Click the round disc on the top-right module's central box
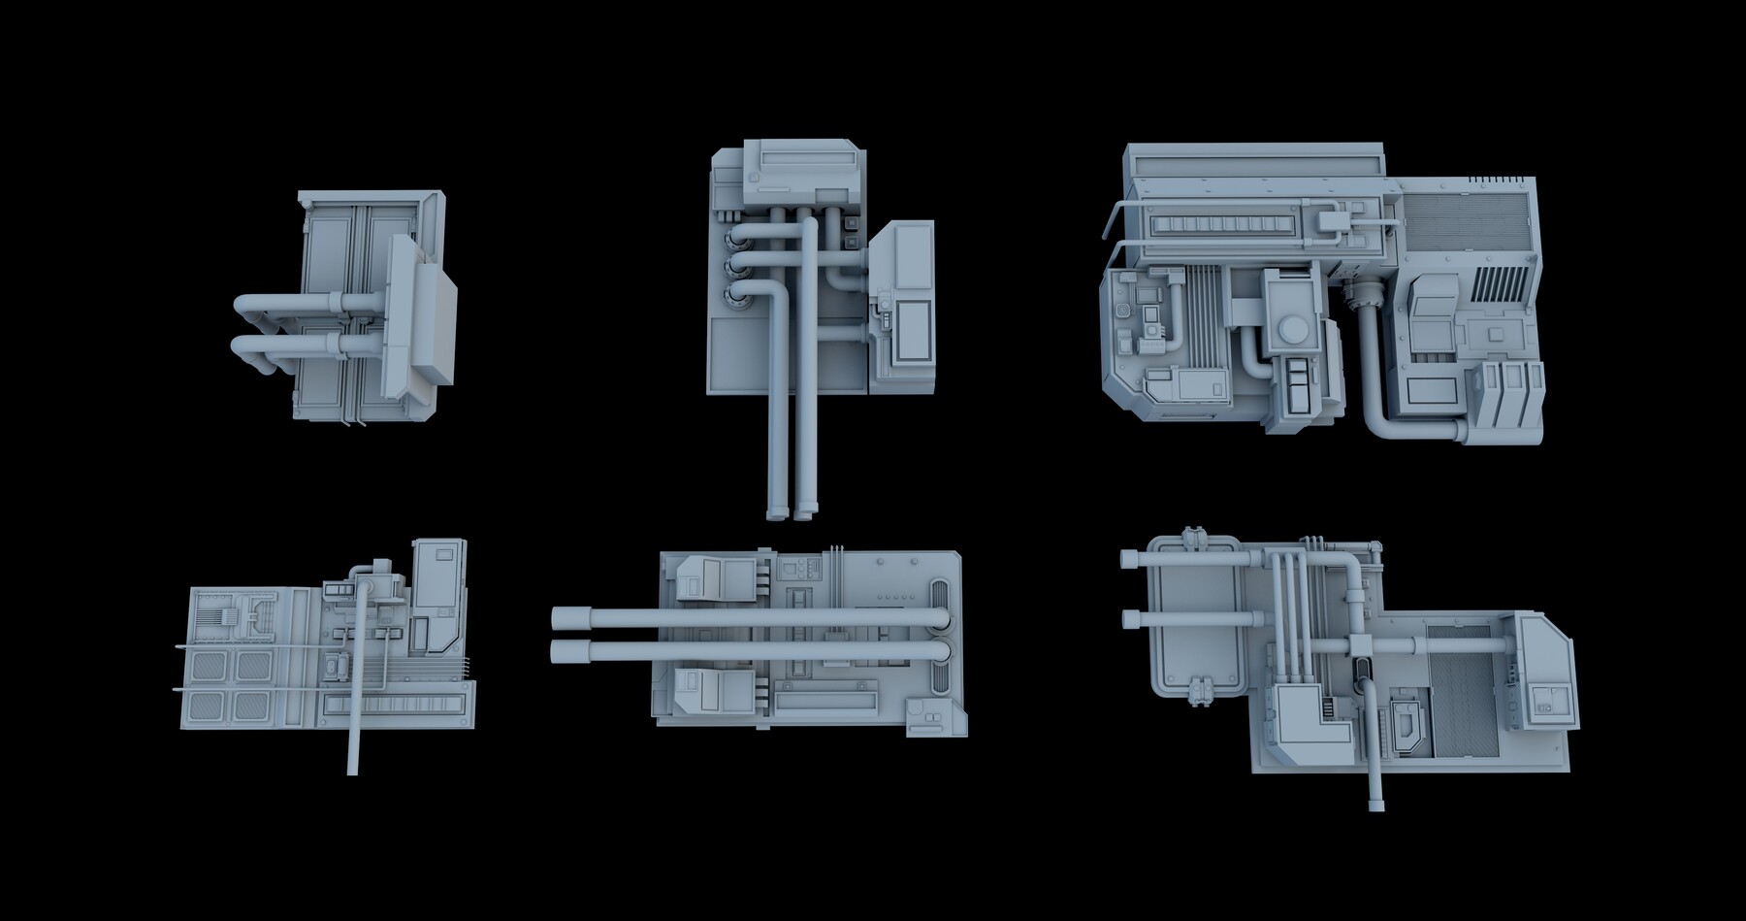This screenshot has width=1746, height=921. click(x=1294, y=332)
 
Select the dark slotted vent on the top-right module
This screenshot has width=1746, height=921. click(x=1500, y=284)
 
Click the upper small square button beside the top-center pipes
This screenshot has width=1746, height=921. click(x=852, y=221)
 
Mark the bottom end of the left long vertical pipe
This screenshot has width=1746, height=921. click(x=776, y=513)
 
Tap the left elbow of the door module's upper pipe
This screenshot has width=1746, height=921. click(x=242, y=307)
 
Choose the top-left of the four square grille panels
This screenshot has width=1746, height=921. click(x=207, y=666)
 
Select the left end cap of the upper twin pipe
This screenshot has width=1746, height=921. click(x=559, y=618)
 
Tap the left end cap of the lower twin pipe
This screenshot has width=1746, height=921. click(x=559, y=650)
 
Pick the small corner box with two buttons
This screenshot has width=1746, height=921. click(x=929, y=719)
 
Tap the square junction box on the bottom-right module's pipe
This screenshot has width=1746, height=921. click(x=1359, y=645)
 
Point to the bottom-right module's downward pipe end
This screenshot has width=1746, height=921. click(x=1375, y=805)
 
